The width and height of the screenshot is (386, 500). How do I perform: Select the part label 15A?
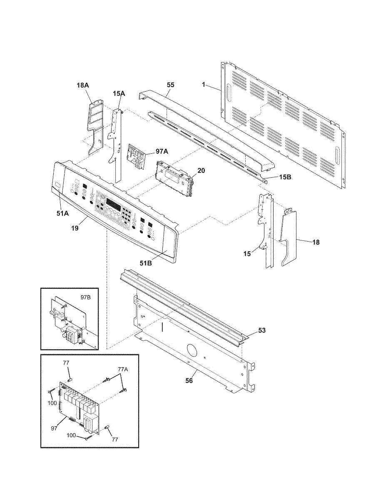(119, 94)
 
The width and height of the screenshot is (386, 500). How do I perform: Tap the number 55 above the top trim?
(170, 85)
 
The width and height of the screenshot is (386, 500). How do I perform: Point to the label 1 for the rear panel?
(204, 85)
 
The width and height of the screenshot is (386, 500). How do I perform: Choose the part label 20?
(201, 170)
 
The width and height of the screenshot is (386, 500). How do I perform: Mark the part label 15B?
(285, 177)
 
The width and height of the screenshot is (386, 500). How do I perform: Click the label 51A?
(63, 213)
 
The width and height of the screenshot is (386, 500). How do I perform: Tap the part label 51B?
(146, 263)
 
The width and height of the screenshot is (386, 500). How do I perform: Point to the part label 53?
(261, 330)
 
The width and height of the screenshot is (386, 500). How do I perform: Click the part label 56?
(189, 380)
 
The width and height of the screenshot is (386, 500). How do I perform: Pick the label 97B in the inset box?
(85, 297)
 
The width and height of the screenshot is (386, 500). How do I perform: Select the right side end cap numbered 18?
(288, 237)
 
